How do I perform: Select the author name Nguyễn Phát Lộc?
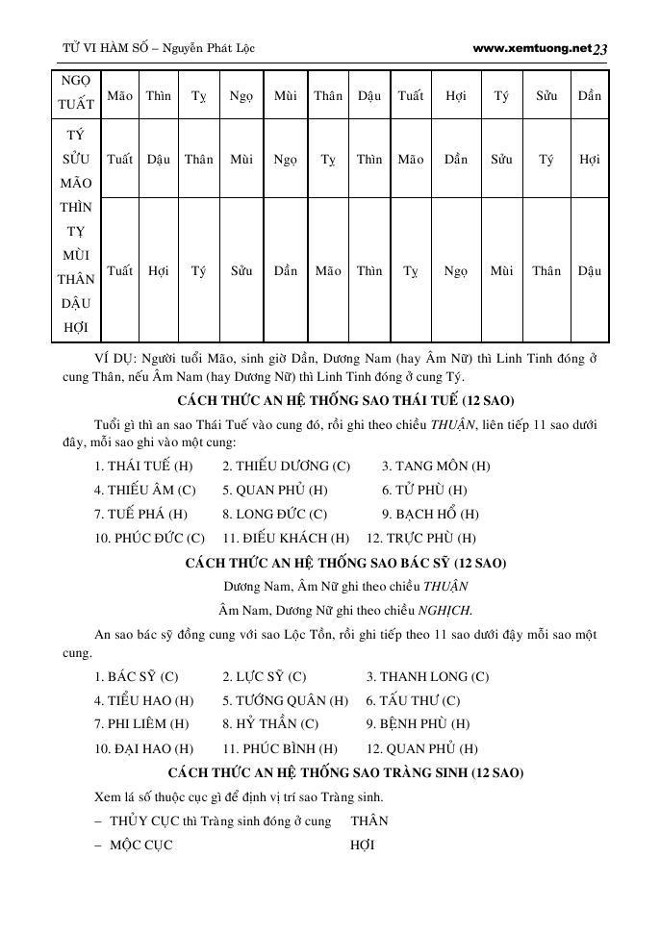(x=209, y=47)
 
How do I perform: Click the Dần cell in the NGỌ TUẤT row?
(x=590, y=95)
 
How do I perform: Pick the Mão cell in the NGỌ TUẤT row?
(x=120, y=95)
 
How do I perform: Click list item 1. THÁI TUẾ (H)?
(x=144, y=467)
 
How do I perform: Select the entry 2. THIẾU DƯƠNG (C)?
(x=286, y=467)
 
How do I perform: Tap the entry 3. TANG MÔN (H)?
(x=436, y=467)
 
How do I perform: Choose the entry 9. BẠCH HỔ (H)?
(x=430, y=515)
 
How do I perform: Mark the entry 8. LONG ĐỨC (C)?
(x=274, y=515)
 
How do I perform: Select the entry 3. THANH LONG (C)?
(x=427, y=677)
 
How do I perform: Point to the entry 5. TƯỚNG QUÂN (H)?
(x=285, y=700)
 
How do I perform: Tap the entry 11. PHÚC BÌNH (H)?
(x=279, y=748)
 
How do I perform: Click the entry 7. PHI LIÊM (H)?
(x=141, y=724)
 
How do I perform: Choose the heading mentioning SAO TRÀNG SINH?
(x=346, y=772)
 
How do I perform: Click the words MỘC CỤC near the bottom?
(x=141, y=845)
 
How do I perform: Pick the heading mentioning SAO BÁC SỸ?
(x=346, y=563)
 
